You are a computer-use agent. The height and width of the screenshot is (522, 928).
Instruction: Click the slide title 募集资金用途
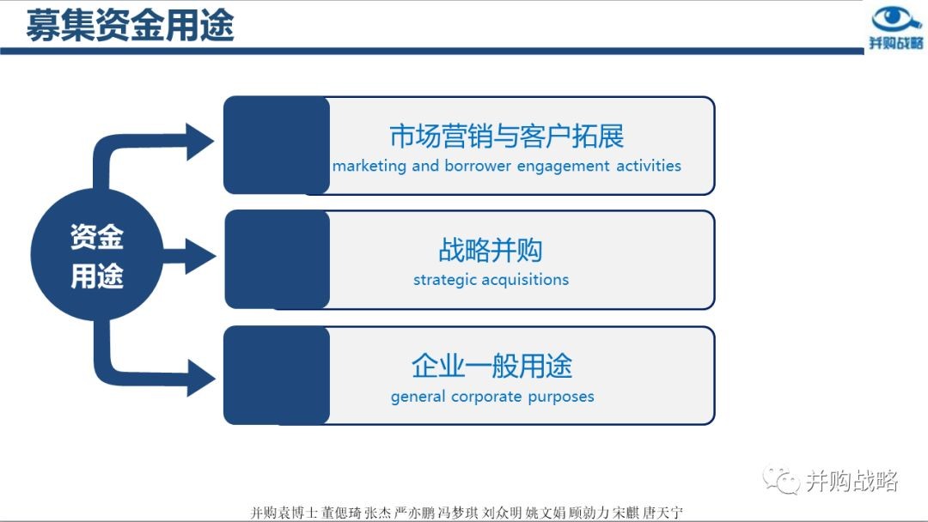point(131,26)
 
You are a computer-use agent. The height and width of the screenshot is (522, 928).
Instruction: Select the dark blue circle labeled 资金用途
point(96,255)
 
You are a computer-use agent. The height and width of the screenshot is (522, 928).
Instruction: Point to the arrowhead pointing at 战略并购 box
point(200,256)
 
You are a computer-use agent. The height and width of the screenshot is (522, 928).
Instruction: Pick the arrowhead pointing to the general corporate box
point(201,379)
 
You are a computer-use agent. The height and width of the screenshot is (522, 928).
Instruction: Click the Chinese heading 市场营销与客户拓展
point(507,136)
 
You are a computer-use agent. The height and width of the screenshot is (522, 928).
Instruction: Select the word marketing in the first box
point(369,166)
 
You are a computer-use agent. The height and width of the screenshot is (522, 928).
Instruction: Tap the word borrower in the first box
point(477,166)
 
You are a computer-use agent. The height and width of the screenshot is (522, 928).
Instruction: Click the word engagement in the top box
point(563,166)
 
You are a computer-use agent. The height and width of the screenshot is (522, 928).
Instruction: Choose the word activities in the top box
point(649,166)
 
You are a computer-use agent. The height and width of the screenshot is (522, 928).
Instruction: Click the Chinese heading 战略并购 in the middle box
point(491,250)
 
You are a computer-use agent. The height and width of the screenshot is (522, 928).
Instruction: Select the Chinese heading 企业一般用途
point(491,366)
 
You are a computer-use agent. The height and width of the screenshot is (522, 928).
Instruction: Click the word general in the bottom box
point(418,397)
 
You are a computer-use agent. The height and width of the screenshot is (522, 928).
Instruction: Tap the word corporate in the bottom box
point(485,398)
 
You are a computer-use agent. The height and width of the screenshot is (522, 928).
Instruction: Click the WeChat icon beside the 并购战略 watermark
point(781,479)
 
